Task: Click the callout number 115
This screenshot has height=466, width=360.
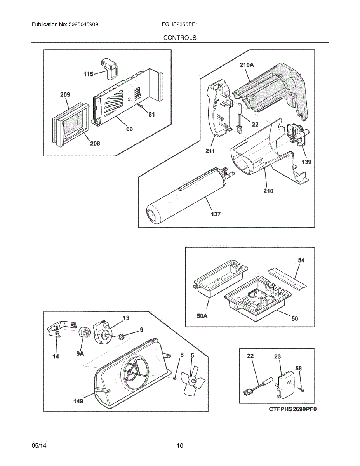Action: (x=88, y=74)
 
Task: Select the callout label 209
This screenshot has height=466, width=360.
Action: (x=65, y=95)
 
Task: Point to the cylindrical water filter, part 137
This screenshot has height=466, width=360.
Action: (x=189, y=196)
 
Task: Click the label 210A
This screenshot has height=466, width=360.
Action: (x=247, y=65)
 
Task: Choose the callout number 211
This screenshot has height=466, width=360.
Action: (x=210, y=151)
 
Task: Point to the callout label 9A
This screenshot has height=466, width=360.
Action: (x=80, y=354)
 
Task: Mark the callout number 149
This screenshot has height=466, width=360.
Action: (x=78, y=401)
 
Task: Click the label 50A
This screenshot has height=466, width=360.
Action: (x=202, y=316)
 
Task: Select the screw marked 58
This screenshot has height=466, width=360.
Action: (x=302, y=389)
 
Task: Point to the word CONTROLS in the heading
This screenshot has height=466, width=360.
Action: (x=180, y=38)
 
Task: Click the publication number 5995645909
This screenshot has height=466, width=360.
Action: (x=83, y=24)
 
